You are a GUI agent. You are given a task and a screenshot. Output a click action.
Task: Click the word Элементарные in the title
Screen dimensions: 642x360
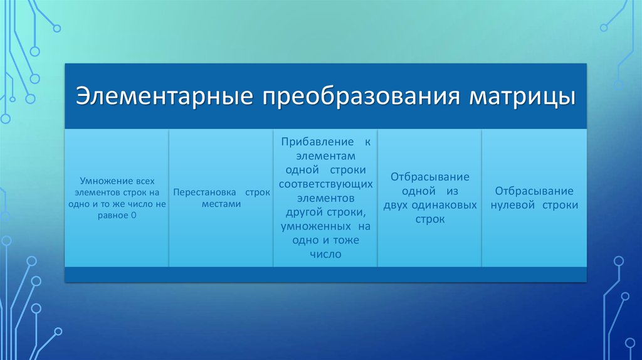pyautogui.click(x=164, y=96)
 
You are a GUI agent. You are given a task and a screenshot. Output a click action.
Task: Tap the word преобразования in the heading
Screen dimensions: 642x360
pyautogui.click(x=361, y=97)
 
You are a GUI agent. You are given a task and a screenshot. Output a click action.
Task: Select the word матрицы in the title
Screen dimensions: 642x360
pyautogui.click(x=522, y=97)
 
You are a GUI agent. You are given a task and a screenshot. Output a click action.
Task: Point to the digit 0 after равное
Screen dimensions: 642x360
pyautogui.click(x=134, y=215)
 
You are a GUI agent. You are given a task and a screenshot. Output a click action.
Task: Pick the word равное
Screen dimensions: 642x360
pyautogui.click(x=113, y=216)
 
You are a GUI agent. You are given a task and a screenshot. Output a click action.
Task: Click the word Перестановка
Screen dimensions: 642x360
pyautogui.click(x=205, y=192)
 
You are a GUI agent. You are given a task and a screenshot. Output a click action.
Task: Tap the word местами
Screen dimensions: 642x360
pyautogui.click(x=221, y=204)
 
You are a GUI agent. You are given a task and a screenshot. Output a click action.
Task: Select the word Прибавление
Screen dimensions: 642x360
pyautogui.click(x=317, y=142)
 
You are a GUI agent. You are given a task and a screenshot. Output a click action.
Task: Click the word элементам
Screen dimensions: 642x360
pyautogui.click(x=325, y=156)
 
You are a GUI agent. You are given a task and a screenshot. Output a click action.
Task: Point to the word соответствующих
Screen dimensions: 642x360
pyautogui.click(x=326, y=185)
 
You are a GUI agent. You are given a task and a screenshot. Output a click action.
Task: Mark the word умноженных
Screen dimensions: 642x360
pyautogui.click(x=316, y=226)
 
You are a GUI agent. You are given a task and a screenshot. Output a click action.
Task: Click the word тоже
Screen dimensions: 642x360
pyautogui.click(x=345, y=240)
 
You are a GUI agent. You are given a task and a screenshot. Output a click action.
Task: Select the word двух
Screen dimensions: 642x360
pyautogui.click(x=396, y=206)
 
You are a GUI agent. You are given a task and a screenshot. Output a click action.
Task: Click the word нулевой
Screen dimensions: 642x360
pyautogui.click(x=513, y=205)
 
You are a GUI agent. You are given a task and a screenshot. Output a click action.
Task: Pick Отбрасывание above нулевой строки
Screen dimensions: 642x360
pyautogui.click(x=534, y=191)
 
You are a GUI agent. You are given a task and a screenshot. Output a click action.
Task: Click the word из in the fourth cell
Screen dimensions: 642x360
pyautogui.click(x=452, y=192)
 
